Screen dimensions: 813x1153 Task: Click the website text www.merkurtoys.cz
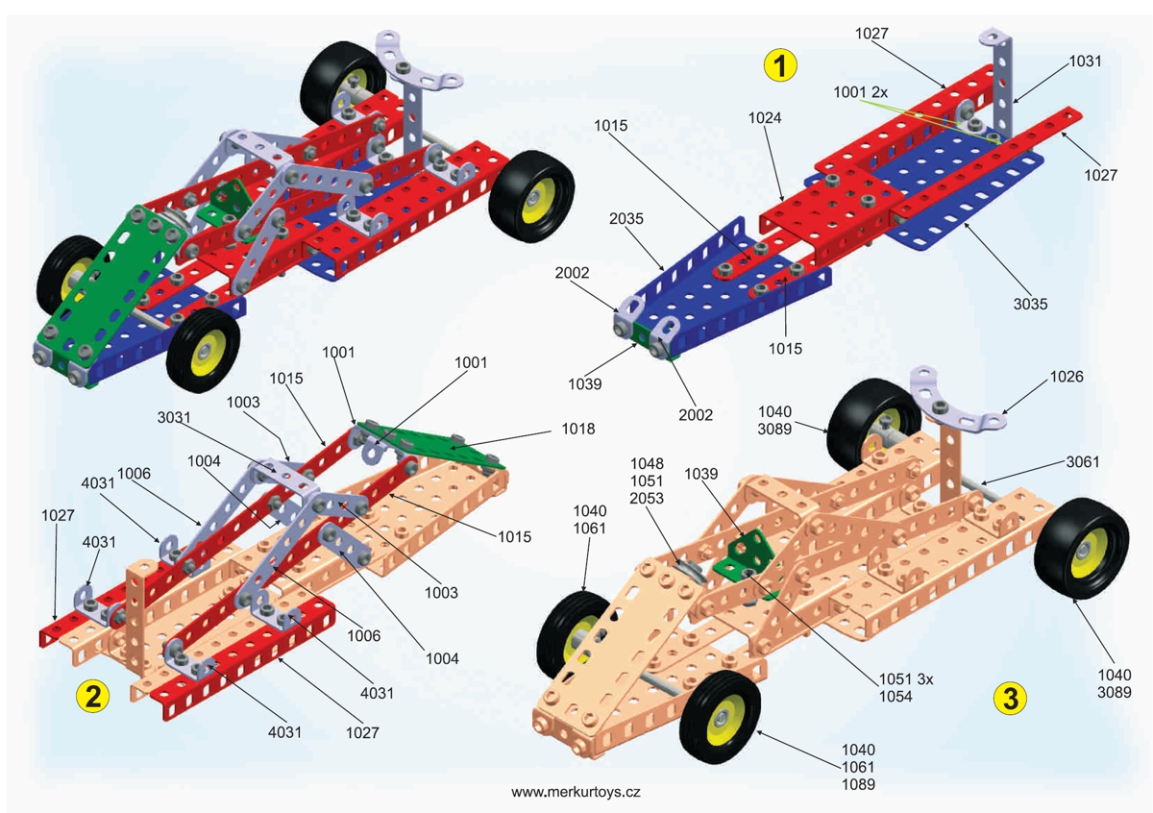(x=576, y=793)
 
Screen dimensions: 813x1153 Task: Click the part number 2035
(x=626, y=218)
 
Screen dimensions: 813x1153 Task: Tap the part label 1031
(x=1085, y=60)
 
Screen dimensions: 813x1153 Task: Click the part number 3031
(x=179, y=416)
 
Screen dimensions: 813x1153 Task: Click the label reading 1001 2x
(x=862, y=92)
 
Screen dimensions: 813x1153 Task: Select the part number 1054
(x=896, y=697)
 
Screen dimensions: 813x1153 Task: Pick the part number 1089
(x=858, y=784)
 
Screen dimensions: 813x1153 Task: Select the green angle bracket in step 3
(x=744, y=554)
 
